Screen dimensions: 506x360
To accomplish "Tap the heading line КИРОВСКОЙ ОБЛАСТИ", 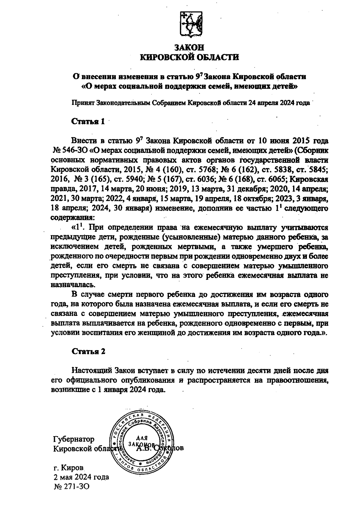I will click(190, 57).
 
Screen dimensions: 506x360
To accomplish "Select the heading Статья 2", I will click(88, 351).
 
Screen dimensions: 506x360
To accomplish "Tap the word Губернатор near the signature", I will click(73, 439).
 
